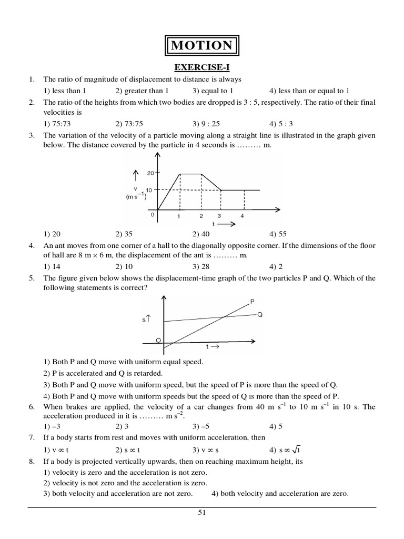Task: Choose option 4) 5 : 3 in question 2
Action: pyautogui.click(x=279, y=124)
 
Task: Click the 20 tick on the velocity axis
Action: pyautogui.click(x=150, y=173)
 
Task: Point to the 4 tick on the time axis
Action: pyautogui.click(x=242, y=216)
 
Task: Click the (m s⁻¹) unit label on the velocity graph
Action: pyautogui.click(x=135, y=197)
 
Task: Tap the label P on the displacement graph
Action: pyautogui.click(x=252, y=302)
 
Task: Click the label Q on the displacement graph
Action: pyautogui.click(x=260, y=315)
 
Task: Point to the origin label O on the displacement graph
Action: pyautogui.click(x=158, y=341)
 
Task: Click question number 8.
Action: pyautogui.click(x=32, y=461)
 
